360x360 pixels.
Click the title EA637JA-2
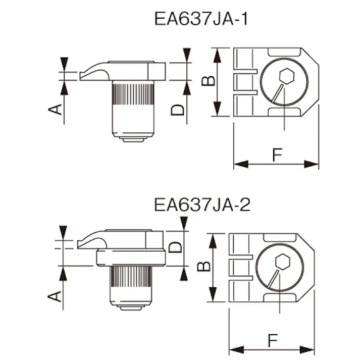click(201, 205)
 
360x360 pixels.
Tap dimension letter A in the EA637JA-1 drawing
click(58, 108)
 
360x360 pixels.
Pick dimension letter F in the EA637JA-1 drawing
click(277, 156)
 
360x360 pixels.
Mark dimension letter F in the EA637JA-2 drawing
click(272, 341)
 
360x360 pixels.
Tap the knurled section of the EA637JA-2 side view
click(131, 277)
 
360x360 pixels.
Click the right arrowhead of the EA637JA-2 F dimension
click(310, 349)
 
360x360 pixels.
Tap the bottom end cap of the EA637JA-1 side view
click(132, 138)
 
